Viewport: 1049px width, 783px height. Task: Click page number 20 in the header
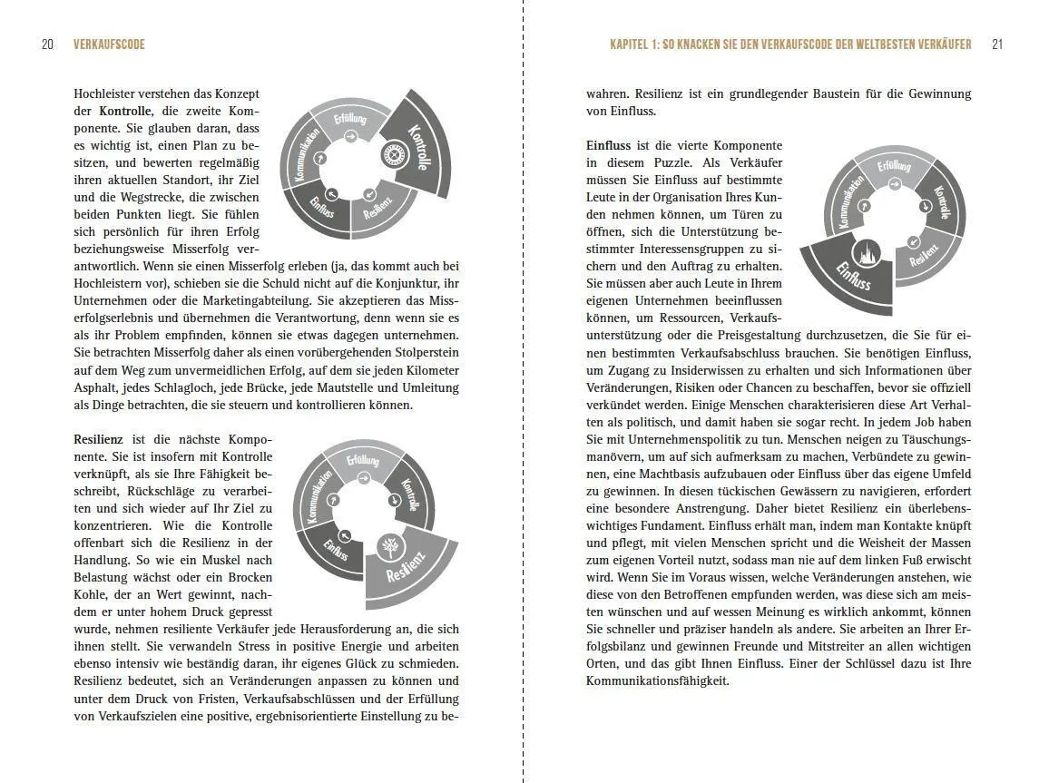point(47,44)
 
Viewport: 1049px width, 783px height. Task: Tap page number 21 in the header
point(997,44)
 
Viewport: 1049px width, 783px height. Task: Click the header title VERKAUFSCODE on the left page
point(109,44)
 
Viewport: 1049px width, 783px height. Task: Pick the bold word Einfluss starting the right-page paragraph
point(609,145)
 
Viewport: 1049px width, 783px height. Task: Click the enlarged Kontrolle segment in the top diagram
point(419,145)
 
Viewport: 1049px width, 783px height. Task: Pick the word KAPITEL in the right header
point(632,44)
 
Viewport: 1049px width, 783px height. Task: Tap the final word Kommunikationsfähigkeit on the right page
point(657,680)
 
